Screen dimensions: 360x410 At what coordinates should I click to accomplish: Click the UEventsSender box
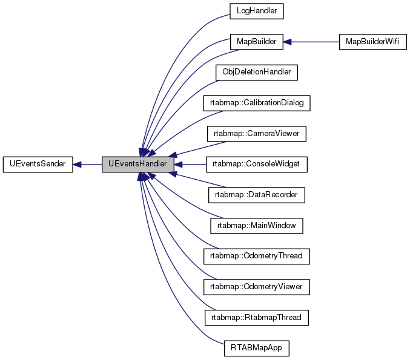coord(38,164)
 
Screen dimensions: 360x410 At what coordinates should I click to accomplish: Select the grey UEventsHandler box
coord(138,164)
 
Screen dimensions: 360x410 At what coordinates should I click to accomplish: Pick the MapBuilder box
coord(257,42)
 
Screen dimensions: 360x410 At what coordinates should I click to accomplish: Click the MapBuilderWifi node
coord(372,42)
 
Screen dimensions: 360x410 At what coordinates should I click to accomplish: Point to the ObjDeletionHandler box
coord(257,72)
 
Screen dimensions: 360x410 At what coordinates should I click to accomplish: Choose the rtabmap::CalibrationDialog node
coord(257,103)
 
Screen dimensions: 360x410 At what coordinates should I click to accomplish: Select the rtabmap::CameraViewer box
coord(257,134)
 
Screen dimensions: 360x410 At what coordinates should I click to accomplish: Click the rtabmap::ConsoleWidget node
coord(257,164)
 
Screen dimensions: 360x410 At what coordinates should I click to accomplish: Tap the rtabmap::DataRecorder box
coord(257,195)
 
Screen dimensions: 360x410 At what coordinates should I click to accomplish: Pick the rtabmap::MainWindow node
coord(257,226)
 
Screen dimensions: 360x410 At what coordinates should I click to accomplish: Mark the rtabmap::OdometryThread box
coord(257,256)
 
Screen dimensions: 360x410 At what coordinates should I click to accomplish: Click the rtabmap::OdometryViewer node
coord(257,286)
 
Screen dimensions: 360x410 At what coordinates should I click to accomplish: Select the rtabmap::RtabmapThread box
coord(257,317)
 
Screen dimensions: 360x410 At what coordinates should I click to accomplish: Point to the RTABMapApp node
coord(257,348)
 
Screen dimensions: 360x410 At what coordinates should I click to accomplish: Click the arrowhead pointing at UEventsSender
coord(78,164)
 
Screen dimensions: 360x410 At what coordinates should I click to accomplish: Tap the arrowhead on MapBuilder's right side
coord(289,42)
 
